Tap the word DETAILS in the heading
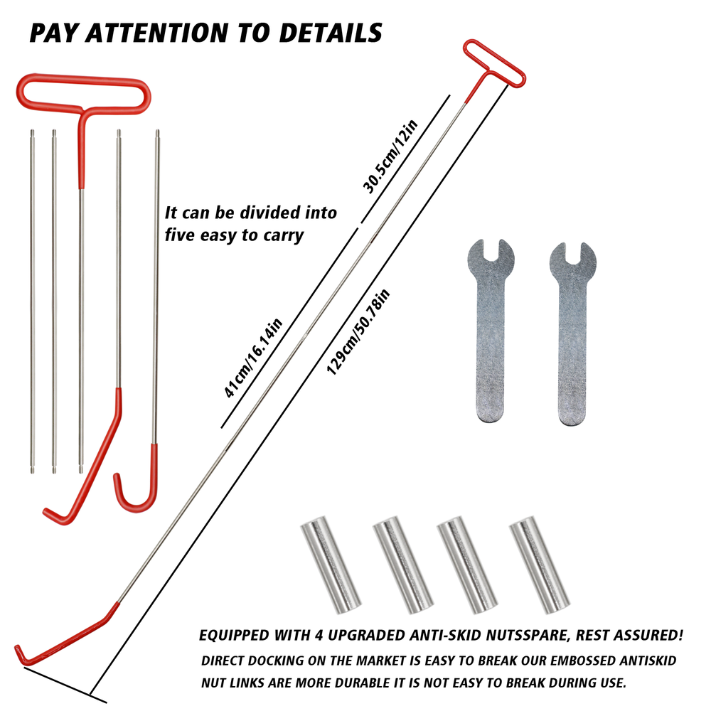(331, 33)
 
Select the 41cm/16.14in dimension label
(254, 359)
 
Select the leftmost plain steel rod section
(32, 299)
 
